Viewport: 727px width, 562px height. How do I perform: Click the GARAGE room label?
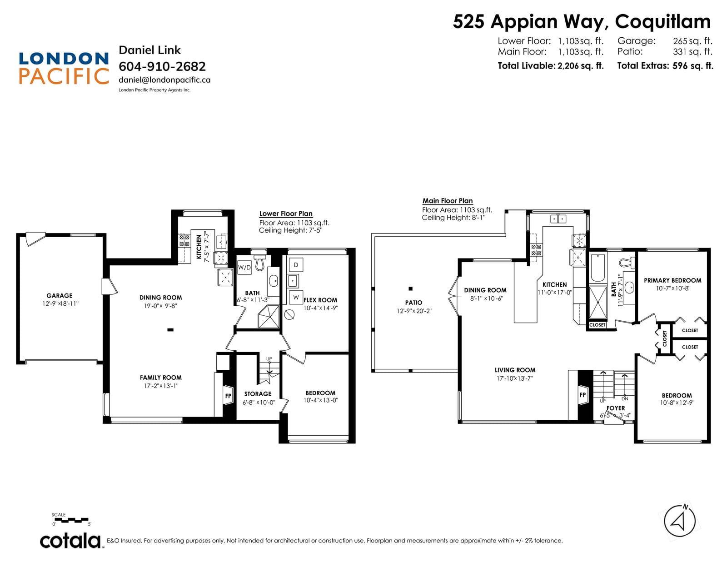pos(60,296)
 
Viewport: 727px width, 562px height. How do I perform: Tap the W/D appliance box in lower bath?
pos(244,267)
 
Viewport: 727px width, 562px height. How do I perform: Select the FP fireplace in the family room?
pos(228,396)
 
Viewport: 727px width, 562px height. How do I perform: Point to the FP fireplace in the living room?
pos(583,395)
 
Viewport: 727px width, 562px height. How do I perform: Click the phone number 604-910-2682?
pos(162,67)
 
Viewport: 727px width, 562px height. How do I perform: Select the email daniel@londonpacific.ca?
pos(164,80)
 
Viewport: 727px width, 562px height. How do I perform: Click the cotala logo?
pos(70,541)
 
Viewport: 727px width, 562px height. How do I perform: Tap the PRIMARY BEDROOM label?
pos(672,280)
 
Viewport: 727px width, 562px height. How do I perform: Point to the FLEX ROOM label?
pos(320,300)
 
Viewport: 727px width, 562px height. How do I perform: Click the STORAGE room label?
pos(258,394)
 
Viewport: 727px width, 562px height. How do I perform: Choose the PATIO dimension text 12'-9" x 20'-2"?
pos(414,311)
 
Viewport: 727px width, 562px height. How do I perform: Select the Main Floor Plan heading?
pos(447,201)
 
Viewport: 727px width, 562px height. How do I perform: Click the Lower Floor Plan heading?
pos(286,214)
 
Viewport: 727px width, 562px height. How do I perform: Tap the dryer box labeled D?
pos(295,265)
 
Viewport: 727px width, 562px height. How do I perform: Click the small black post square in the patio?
pos(410,288)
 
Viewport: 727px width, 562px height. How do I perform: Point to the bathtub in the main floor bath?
pos(598,268)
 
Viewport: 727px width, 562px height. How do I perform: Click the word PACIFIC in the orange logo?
pos(64,76)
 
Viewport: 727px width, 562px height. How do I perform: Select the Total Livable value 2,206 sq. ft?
pos(580,65)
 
